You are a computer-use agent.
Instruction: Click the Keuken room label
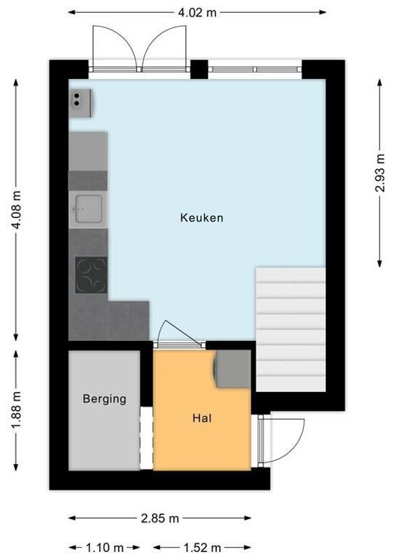pyautogui.click(x=202, y=218)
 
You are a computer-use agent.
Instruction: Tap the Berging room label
pyautogui.click(x=105, y=399)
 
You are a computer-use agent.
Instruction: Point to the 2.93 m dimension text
pyautogui.click(x=380, y=172)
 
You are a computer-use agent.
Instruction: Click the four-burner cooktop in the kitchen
pyautogui.click(x=91, y=275)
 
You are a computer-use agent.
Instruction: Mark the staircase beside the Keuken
pyautogui.click(x=291, y=328)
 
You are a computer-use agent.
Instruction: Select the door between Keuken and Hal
pyautogui.click(x=179, y=337)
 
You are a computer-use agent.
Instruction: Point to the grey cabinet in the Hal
pyautogui.click(x=231, y=368)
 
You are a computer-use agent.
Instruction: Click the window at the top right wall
pyautogui.click(x=255, y=69)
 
